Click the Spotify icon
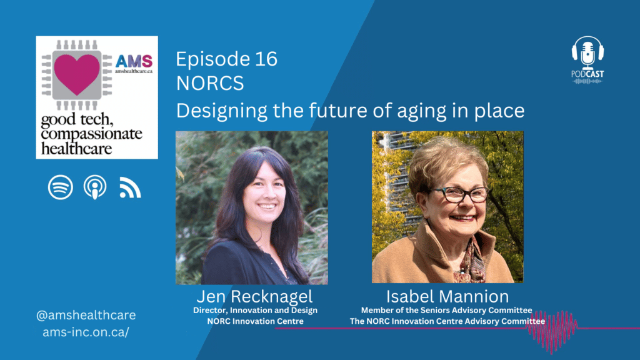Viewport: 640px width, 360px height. click(x=61, y=187)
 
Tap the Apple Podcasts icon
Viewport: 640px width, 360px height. click(x=95, y=187)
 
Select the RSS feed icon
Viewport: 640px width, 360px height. click(x=130, y=187)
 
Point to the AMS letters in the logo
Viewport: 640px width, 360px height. click(x=134, y=61)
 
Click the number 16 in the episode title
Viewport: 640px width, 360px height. click(x=266, y=59)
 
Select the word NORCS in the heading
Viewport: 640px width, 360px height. click(x=210, y=83)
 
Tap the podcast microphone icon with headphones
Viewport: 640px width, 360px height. click(x=587, y=53)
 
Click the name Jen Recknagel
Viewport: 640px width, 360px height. click(x=255, y=296)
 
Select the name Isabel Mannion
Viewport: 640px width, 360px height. click(x=447, y=296)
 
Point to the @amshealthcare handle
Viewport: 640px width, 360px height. click(x=86, y=315)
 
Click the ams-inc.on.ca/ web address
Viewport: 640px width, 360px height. click(x=86, y=332)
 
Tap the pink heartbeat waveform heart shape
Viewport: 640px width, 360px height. click(x=552, y=331)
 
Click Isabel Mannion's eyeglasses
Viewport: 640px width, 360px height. click(x=461, y=194)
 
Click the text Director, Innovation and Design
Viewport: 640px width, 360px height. click(x=255, y=310)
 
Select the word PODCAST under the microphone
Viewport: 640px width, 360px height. click(x=587, y=74)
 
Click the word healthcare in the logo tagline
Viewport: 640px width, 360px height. click(x=76, y=149)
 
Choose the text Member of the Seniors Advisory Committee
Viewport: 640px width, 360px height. click(x=446, y=310)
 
